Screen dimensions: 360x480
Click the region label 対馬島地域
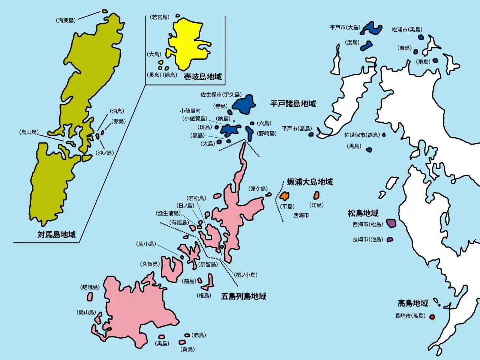point(56,234)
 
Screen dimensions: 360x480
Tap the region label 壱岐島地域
point(202,77)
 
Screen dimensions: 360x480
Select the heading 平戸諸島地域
point(293,103)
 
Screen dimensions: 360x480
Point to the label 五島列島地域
point(243,296)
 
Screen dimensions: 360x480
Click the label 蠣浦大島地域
point(310,182)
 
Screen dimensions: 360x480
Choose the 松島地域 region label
point(363,213)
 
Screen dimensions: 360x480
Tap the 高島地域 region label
point(412,303)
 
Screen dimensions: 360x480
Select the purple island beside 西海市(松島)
point(391,223)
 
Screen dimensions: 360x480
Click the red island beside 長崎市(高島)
point(432,317)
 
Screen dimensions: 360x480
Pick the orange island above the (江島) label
point(316,195)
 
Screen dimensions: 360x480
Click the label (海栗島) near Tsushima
point(66,21)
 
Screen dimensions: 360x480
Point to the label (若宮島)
point(160,17)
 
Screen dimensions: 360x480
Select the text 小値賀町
point(190,111)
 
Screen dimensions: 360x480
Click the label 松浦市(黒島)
point(407,30)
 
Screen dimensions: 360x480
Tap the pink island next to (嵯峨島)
point(90,296)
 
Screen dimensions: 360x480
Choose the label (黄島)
point(188,349)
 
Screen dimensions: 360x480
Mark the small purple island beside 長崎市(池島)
point(390,239)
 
